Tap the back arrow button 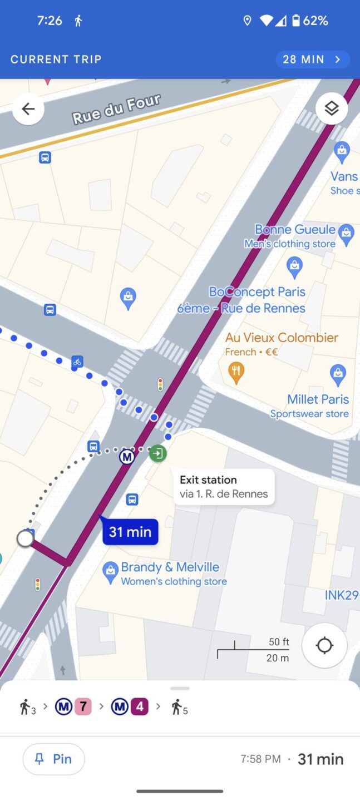click(x=28, y=109)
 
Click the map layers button click(x=332, y=108)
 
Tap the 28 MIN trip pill click(x=312, y=60)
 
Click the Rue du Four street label click(x=116, y=109)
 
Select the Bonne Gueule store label click(x=295, y=230)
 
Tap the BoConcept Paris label click(x=257, y=291)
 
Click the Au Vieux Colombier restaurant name click(x=282, y=338)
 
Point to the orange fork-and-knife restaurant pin click(x=236, y=373)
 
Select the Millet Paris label click(x=318, y=399)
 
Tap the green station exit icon click(x=158, y=453)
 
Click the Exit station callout click(x=224, y=487)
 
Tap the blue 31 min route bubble click(x=130, y=532)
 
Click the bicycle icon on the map click(x=77, y=362)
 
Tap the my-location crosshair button click(x=324, y=645)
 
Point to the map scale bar click(x=254, y=650)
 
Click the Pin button click(x=53, y=759)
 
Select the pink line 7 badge click(x=83, y=707)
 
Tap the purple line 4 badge click(x=140, y=707)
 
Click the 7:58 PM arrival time click(x=260, y=759)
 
